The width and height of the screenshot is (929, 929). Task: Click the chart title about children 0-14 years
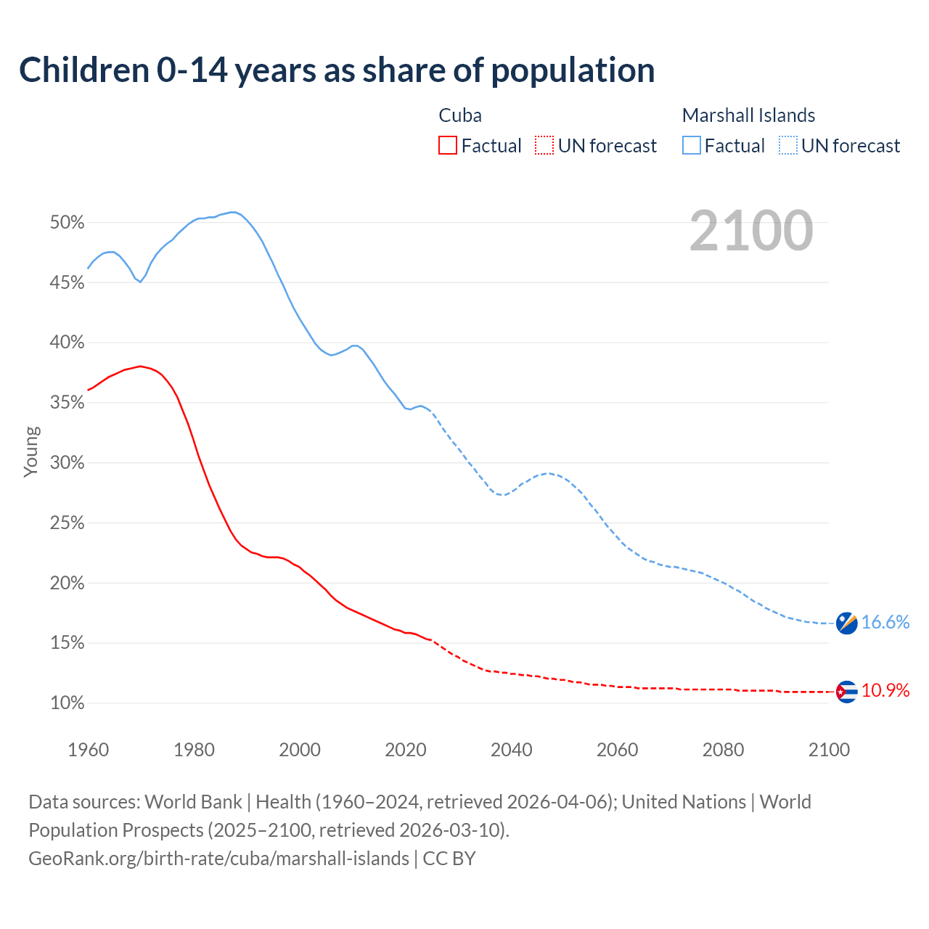click(x=337, y=70)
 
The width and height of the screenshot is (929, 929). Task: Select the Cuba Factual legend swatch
click(x=448, y=146)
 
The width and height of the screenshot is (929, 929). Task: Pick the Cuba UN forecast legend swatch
click(x=544, y=146)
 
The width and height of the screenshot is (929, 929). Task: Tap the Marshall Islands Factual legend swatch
click(x=692, y=146)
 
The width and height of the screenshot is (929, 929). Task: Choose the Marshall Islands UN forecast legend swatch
click(x=788, y=146)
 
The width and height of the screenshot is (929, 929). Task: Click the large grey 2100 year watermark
click(x=751, y=231)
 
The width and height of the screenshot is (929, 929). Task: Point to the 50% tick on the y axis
click(x=67, y=223)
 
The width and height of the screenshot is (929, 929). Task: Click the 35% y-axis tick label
click(x=67, y=403)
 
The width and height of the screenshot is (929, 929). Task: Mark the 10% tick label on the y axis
click(x=67, y=703)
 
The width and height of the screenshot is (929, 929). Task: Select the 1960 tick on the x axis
click(x=89, y=750)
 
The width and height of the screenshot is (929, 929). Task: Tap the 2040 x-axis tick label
click(x=512, y=750)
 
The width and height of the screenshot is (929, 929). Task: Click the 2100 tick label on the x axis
click(x=829, y=750)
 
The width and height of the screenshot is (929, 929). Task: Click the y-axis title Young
click(x=31, y=452)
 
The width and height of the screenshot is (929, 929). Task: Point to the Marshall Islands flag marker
click(x=846, y=623)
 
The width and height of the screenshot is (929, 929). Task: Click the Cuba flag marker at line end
click(x=846, y=692)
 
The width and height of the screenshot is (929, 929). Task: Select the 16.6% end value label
click(x=885, y=623)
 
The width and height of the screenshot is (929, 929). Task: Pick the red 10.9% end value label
click(x=885, y=691)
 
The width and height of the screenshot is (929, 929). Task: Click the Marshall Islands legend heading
click(x=748, y=115)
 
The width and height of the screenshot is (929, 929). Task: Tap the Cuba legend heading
click(x=460, y=115)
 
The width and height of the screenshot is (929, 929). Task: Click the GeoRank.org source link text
click(x=219, y=859)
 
